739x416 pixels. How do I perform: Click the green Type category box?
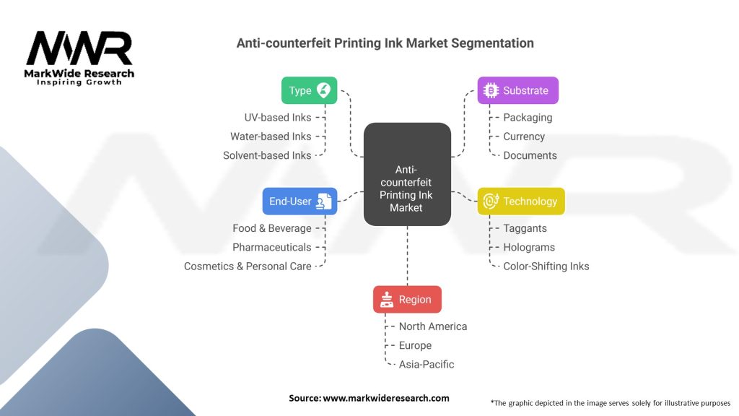coord(309,90)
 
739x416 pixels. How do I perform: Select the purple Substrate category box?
coord(517,90)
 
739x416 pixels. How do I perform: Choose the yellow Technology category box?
coord(521,201)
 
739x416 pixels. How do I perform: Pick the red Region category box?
coord(407,300)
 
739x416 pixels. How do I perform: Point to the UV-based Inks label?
coord(278,117)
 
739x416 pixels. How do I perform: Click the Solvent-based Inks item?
coord(267,155)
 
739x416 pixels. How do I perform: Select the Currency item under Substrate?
coord(524,136)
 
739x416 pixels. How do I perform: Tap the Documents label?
coord(530,155)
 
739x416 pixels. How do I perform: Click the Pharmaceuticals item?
coord(272,247)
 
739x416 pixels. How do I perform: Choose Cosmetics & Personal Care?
coord(248,266)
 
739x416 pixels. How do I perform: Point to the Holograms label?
coord(529,247)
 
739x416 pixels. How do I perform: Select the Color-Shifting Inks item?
coord(546,266)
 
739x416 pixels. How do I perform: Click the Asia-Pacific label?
coord(427,364)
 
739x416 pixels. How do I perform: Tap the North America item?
coord(432,326)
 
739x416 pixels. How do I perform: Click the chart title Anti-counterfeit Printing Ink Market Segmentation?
coord(385,43)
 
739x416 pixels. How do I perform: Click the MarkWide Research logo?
coord(79,57)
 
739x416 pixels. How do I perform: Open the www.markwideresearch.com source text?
coord(385,398)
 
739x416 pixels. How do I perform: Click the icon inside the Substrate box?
coord(491,90)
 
